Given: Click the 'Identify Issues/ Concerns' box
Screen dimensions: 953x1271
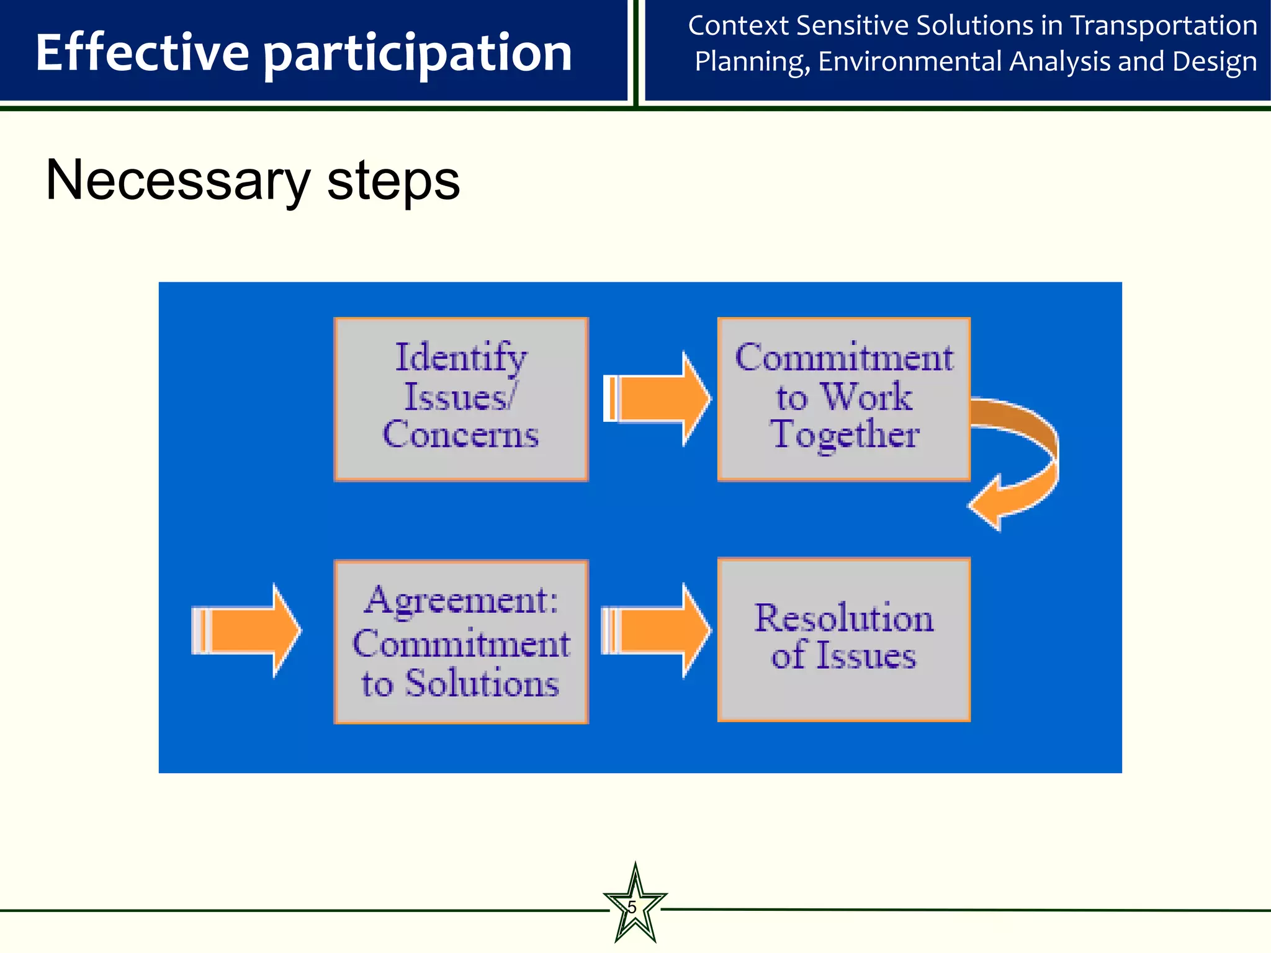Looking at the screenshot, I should pos(460,399).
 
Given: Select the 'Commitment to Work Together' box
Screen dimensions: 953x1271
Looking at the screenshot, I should pos(843,399).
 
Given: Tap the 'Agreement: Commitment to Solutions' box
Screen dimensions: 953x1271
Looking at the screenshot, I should pos(460,642).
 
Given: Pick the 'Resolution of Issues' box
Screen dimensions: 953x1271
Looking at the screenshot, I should pos(843,640).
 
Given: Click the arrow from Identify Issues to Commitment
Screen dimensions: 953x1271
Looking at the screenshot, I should pos(658,399).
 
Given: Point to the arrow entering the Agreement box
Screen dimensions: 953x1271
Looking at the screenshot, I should pos(247,630).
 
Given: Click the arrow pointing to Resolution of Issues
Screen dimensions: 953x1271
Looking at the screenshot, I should pos(658,630).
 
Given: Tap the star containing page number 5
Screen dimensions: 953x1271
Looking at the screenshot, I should pos(634,907).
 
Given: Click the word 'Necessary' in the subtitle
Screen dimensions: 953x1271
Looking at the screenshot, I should pos(177,181).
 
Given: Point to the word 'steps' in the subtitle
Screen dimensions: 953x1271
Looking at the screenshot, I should pos(393,181).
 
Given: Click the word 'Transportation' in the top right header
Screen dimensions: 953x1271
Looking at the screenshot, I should pos(1164,26).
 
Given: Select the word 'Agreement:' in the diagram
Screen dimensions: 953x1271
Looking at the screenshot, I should pos(460,601).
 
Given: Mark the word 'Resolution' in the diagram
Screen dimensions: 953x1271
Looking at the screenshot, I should pos(843,619).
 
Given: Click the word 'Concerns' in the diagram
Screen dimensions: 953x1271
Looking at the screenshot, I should pos(460,434).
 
